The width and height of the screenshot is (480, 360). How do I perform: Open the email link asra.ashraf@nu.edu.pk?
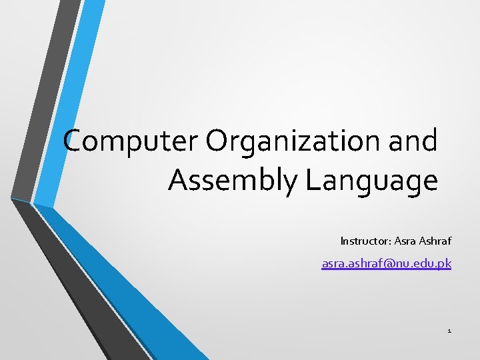tap(387, 264)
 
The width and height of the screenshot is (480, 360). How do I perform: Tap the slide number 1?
tap(449, 330)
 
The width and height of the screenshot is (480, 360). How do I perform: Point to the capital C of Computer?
tap(75, 141)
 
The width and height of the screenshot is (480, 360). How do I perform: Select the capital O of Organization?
tap(219, 141)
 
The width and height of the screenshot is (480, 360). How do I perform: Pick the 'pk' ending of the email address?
tap(445, 265)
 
